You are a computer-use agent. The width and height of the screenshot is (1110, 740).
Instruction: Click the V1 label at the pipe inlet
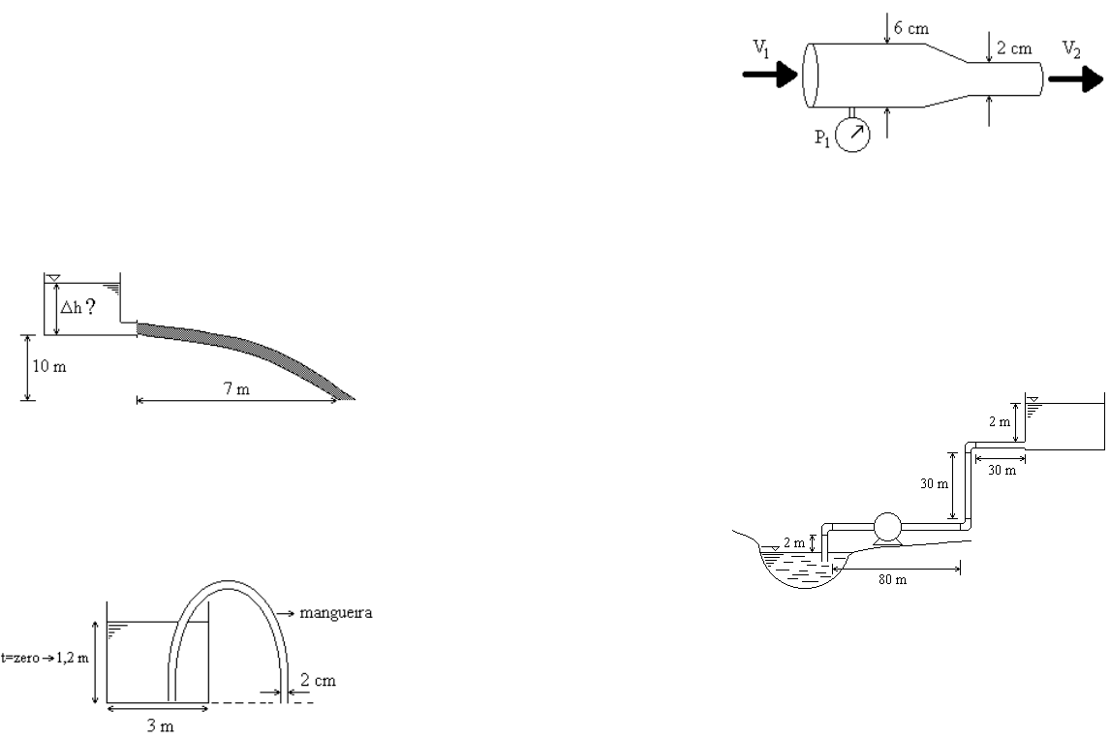coord(761,48)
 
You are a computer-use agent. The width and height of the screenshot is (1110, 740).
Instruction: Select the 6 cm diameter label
coord(911,28)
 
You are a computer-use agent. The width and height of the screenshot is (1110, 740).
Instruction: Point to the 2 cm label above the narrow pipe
coord(1014,48)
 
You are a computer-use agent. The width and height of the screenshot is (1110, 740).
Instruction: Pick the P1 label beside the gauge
coord(822,138)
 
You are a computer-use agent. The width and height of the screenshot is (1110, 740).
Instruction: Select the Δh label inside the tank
coord(71,307)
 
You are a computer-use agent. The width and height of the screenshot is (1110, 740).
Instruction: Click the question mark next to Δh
coord(90,306)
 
